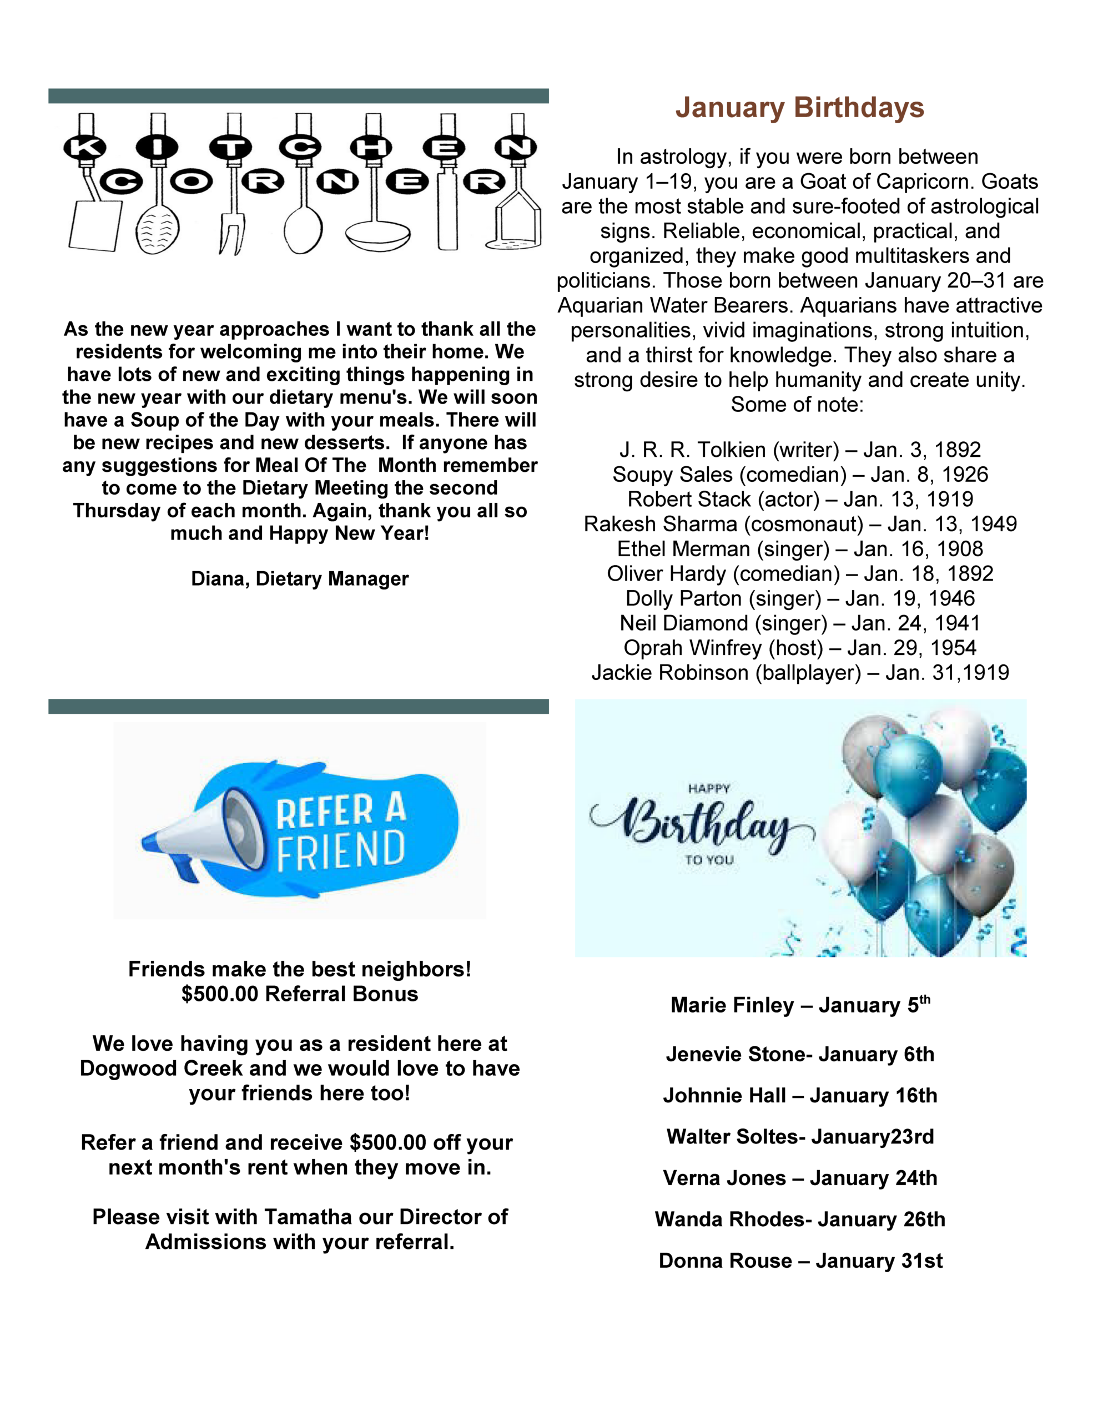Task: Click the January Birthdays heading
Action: [799, 108]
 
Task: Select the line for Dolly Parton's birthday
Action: [799, 598]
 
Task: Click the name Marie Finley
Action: [732, 1005]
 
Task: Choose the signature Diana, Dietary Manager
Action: [299, 578]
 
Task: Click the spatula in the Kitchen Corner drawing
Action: [95, 224]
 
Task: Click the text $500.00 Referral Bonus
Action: [299, 994]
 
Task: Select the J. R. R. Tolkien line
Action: [799, 450]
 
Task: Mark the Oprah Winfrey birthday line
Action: [799, 647]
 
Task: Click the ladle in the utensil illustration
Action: [377, 231]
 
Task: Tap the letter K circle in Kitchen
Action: [84, 148]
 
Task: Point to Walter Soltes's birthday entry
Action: [800, 1137]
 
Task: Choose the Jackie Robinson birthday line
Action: [799, 672]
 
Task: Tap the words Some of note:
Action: [797, 404]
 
